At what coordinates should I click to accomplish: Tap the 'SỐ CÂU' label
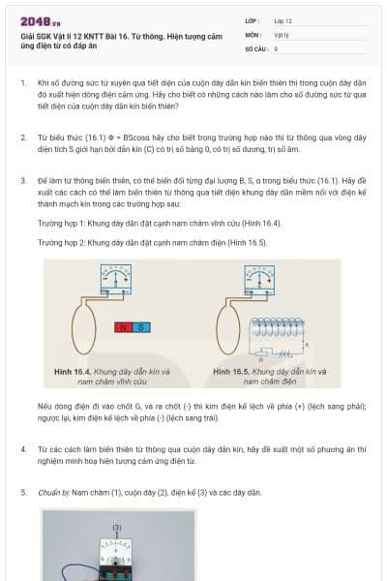tap(255, 47)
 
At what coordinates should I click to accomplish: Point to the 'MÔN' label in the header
tap(253, 34)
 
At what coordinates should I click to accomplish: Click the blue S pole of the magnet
tap(141, 327)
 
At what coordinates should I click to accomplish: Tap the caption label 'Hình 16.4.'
tap(74, 371)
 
